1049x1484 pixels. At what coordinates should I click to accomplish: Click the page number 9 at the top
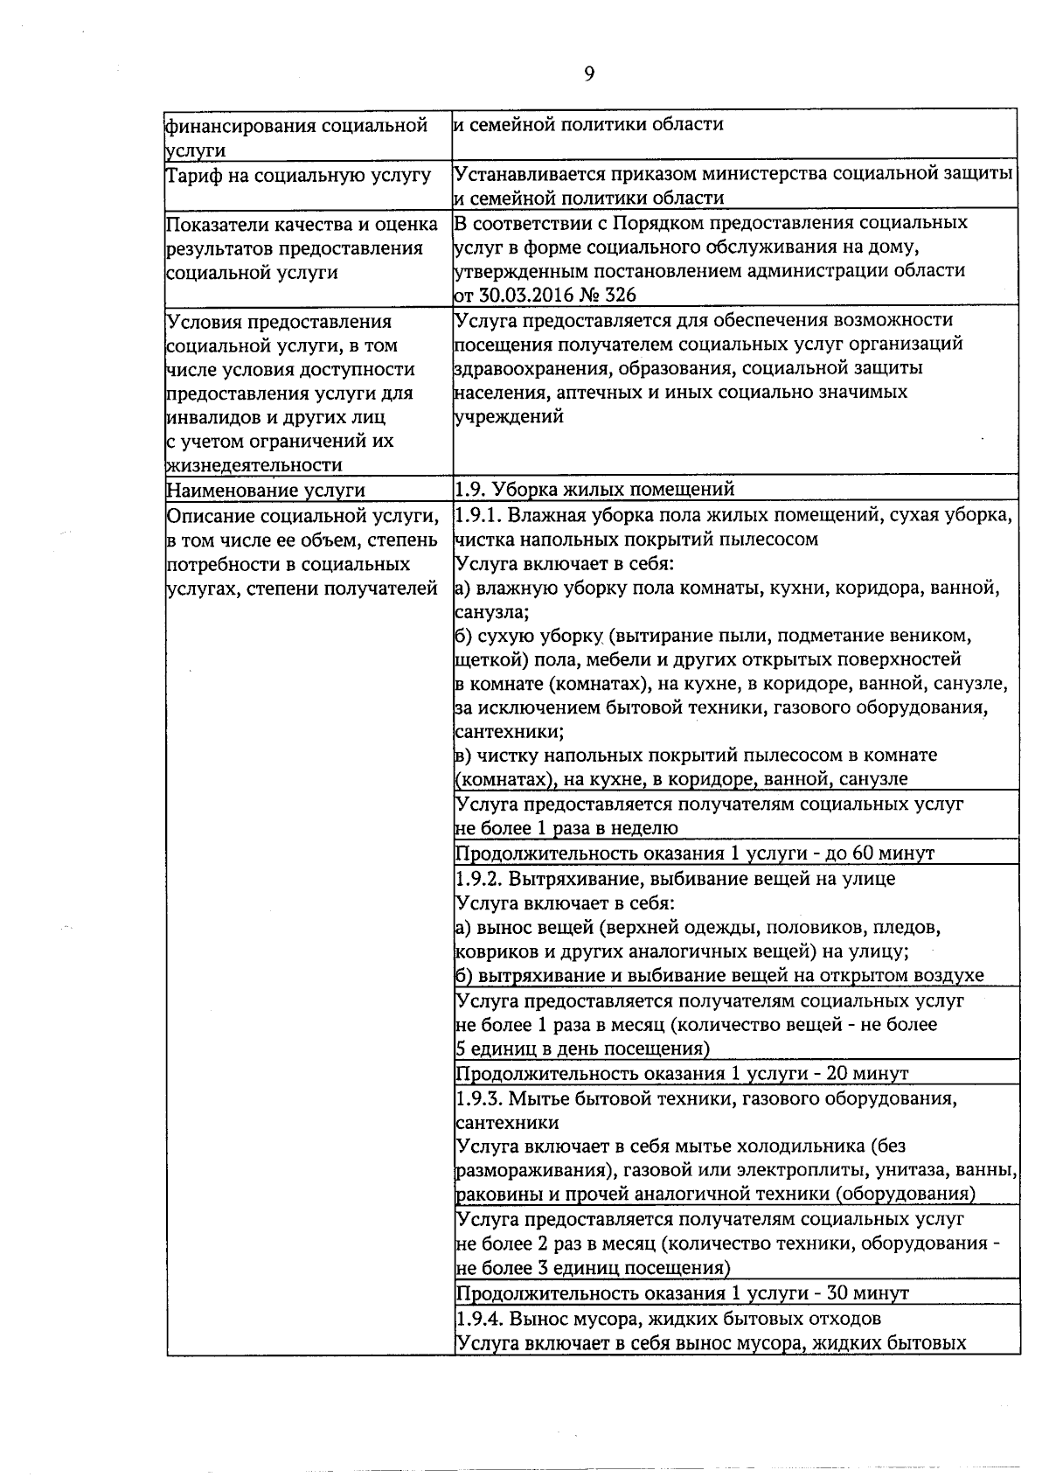point(588,74)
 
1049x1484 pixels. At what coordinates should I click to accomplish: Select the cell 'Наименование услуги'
point(266,491)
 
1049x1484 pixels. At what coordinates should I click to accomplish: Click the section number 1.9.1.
point(478,514)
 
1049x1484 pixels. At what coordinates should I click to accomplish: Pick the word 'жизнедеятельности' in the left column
point(254,465)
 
